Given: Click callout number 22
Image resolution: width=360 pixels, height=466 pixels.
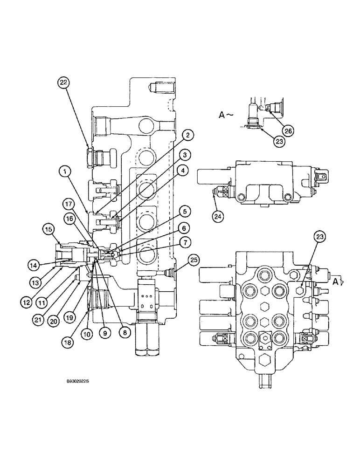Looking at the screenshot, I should (63, 82).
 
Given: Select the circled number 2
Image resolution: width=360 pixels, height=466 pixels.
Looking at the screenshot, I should (187, 135).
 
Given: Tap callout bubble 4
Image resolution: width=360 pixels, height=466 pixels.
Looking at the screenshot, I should (185, 154).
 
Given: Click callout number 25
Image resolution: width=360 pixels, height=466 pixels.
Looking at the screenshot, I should (194, 259).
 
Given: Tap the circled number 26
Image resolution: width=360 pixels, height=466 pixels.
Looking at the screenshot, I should (289, 131).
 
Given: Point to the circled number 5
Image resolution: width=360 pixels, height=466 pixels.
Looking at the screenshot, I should (184, 212).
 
